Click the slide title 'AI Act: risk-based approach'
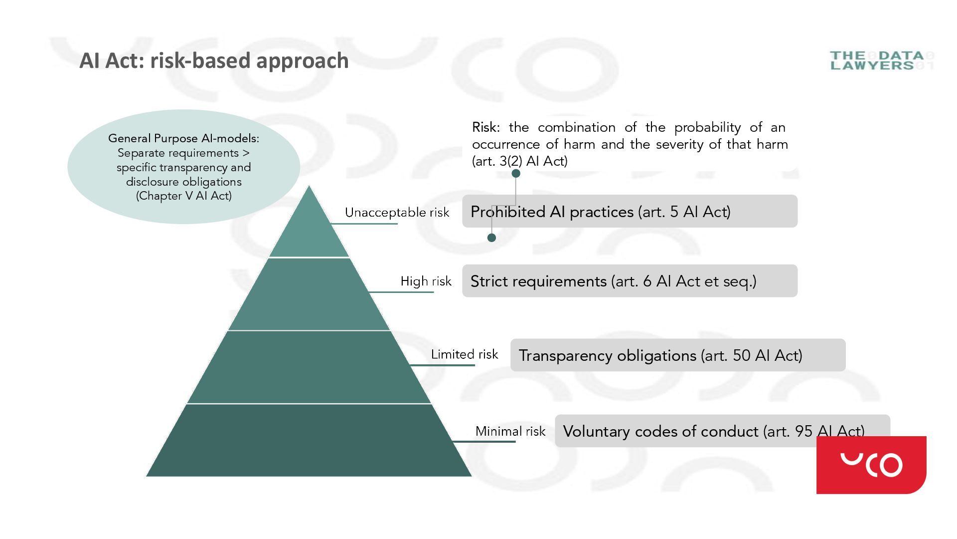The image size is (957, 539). click(214, 61)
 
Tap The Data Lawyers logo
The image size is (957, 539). click(881, 60)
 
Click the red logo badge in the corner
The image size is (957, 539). click(871, 465)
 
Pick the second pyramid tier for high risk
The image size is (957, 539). click(309, 294)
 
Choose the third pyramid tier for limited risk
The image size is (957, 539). click(309, 367)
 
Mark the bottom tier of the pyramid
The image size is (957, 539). click(309, 440)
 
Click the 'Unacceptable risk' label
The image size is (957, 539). click(397, 213)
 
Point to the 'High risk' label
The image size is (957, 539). click(426, 281)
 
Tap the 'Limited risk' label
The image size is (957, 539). click(464, 354)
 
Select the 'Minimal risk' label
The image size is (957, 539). click(510, 431)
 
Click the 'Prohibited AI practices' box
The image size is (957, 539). click(630, 212)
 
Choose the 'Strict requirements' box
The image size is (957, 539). click(630, 281)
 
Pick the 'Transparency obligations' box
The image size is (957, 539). click(678, 355)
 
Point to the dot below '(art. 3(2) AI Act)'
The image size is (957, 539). click(516, 173)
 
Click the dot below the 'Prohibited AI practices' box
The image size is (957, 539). click(491, 238)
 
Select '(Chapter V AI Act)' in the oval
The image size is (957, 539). click(184, 196)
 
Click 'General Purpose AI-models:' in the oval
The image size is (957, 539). click(184, 138)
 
